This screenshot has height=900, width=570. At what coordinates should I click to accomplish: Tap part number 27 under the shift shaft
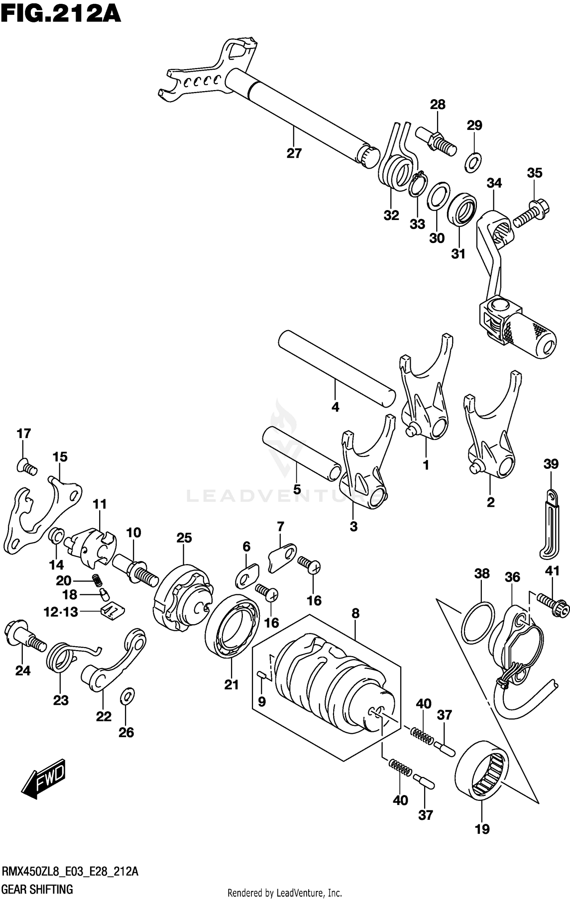click(294, 153)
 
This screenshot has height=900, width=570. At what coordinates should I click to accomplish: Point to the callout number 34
click(494, 183)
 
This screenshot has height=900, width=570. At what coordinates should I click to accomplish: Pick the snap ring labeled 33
click(418, 185)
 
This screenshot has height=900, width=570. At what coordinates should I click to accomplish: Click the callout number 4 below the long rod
click(335, 407)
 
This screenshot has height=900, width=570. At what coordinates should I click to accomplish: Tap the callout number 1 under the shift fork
click(426, 465)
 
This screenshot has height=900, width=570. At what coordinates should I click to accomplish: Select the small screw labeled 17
click(27, 467)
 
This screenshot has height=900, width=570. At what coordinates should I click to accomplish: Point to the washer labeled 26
click(127, 696)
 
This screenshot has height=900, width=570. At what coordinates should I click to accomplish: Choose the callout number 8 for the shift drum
click(355, 613)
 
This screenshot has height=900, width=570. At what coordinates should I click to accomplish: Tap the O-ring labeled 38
click(478, 622)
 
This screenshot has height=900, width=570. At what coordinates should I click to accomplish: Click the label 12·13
click(61, 612)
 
